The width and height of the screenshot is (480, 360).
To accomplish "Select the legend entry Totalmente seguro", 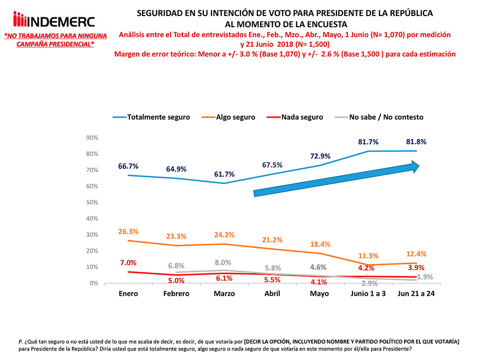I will [x=158, y=117].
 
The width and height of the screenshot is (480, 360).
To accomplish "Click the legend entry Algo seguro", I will [x=235, y=117].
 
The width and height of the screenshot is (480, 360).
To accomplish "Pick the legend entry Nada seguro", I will [x=302, y=117].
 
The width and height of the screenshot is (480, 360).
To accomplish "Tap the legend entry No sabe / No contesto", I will [x=386, y=117].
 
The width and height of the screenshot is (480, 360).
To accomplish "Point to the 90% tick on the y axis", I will [x=91, y=137].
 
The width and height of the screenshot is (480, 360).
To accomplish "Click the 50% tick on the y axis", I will [x=91, y=202].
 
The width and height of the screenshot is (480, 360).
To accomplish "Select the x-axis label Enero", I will [x=128, y=293].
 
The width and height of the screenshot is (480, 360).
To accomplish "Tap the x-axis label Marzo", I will [x=225, y=293].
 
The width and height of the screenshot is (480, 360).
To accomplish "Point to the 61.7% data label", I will [x=224, y=174].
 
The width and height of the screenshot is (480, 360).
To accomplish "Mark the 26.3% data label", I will [x=128, y=231].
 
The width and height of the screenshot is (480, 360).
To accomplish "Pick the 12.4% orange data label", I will [x=416, y=253].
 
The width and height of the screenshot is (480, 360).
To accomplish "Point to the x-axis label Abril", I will [x=272, y=293].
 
